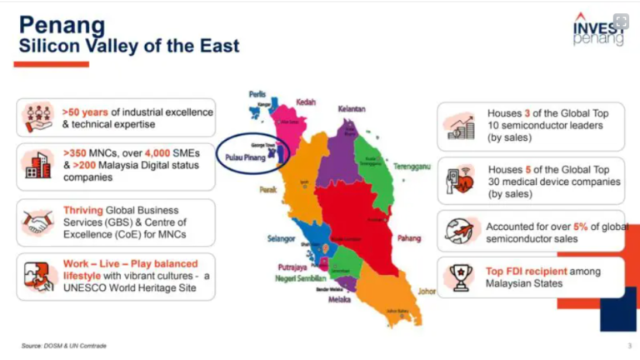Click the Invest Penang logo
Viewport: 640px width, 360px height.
coord(597,29)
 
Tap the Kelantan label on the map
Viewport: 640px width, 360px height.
coord(351,109)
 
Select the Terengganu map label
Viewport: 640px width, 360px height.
coord(412,166)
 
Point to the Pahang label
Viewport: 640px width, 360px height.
coord(408,237)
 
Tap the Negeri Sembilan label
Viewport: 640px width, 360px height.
coord(302,277)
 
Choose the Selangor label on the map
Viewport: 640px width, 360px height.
coord(281,238)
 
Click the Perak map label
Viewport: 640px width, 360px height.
coord(267,189)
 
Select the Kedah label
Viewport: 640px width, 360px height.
coord(306,102)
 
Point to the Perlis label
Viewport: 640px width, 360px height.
coord(257,94)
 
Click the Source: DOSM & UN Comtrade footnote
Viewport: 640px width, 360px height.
coord(64,345)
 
